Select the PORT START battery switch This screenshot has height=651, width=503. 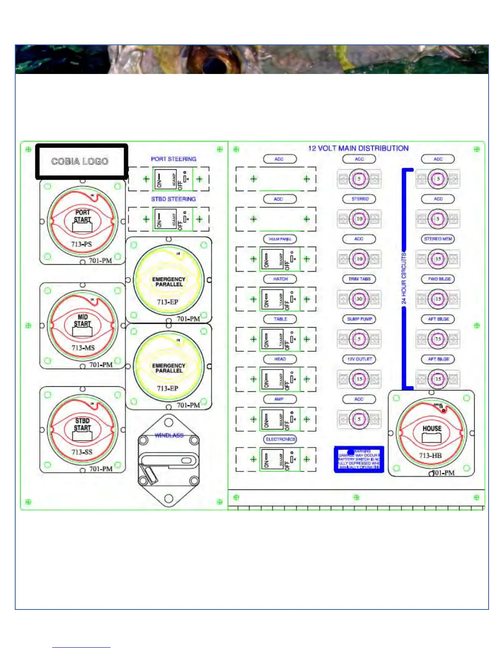point(83,222)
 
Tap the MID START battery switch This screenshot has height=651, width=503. point(83,325)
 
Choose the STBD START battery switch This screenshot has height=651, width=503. point(83,429)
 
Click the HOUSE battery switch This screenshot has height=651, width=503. point(431,433)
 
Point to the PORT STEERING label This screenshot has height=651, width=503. point(173,159)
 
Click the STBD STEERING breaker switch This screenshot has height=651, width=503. point(173,219)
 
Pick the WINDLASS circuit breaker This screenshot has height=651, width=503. point(168,461)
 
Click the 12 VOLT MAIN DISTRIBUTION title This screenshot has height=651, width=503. point(358,148)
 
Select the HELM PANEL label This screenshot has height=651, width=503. point(280,239)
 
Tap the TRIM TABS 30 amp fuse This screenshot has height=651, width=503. point(359,299)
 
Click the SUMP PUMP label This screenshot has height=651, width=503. point(359,319)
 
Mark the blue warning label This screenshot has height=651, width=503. point(359,459)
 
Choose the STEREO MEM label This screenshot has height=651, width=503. point(438,239)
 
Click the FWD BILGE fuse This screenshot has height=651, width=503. point(438,299)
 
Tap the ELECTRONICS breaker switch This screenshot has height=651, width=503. point(280,459)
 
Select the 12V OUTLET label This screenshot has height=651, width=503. point(359,359)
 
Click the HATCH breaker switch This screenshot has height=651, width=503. point(280,299)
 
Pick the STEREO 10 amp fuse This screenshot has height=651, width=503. point(359,219)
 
